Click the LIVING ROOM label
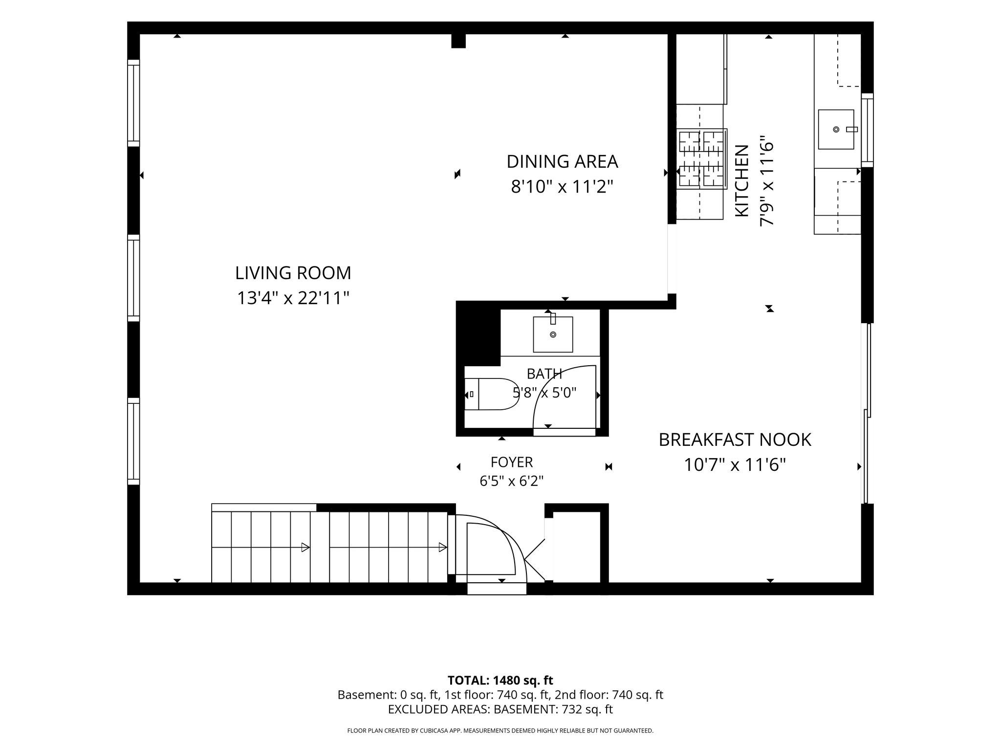pyautogui.click(x=293, y=273)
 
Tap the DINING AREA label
pyautogui.click(x=562, y=161)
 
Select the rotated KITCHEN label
pyautogui.click(x=742, y=180)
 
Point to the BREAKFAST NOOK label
pyautogui.click(x=735, y=440)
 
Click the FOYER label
pyautogui.click(x=512, y=462)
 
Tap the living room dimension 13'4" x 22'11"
pyautogui.click(x=293, y=298)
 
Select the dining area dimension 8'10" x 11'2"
pyautogui.click(x=562, y=186)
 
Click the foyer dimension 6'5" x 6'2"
pyautogui.click(x=512, y=482)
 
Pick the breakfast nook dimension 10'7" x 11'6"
pyautogui.click(x=735, y=464)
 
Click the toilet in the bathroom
pyautogui.click(x=491, y=394)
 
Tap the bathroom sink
pyautogui.click(x=553, y=334)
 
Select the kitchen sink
pyautogui.click(x=836, y=129)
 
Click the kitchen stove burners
pyautogui.click(x=701, y=159)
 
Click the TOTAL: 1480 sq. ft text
pyautogui.click(x=500, y=680)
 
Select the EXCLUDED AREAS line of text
pyautogui.click(x=500, y=709)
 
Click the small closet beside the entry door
pyautogui.click(x=577, y=547)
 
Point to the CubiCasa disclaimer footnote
pyautogui.click(x=500, y=731)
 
